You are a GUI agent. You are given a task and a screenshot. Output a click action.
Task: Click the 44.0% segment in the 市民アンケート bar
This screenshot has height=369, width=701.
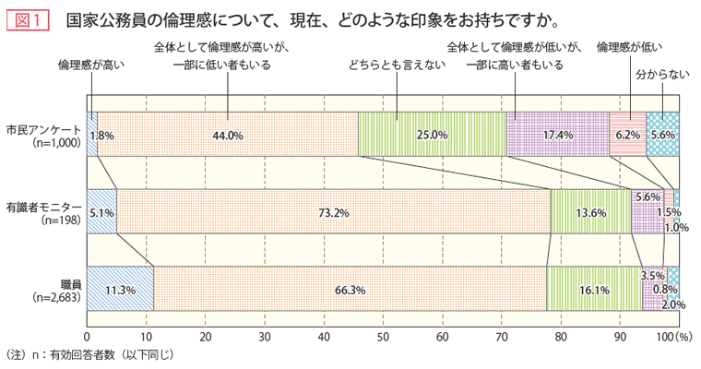(x=227, y=134)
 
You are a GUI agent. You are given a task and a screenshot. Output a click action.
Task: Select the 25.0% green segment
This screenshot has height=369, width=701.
(x=432, y=134)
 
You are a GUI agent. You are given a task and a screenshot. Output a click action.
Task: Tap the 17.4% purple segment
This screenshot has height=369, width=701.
(x=557, y=134)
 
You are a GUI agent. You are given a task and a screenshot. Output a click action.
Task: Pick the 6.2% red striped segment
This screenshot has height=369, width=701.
(x=627, y=134)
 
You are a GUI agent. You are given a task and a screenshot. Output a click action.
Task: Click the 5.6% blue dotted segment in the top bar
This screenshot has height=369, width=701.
(x=662, y=134)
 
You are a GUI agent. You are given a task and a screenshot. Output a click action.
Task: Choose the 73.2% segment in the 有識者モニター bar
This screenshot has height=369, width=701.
(x=333, y=211)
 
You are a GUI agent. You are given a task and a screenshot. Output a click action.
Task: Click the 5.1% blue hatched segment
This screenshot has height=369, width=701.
(x=102, y=211)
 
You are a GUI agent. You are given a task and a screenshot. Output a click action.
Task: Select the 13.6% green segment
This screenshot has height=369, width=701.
(x=590, y=211)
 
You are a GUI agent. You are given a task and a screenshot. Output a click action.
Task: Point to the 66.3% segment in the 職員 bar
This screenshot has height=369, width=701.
(x=350, y=289)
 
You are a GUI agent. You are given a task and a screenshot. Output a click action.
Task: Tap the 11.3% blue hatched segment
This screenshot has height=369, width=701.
(x=120, y=289)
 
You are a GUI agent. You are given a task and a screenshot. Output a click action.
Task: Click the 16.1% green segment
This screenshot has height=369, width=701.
(x=594, y=289)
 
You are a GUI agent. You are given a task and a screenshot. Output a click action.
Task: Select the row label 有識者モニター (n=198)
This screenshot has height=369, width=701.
(x=43, y=212)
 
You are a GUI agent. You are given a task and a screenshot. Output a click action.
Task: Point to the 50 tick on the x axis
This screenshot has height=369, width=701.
(x=383, y=336)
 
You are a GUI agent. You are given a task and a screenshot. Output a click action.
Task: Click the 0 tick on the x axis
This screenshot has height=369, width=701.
(x=87, y=336)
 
